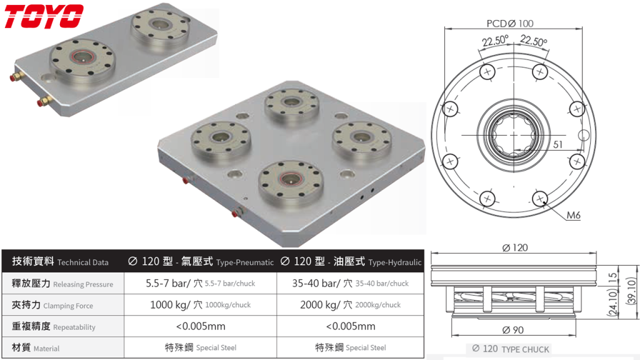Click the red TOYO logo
coord(44,17)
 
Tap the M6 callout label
coord(573,216)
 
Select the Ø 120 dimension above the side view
coord(514,247)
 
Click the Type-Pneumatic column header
coord(200,262)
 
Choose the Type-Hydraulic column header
coord(351,262)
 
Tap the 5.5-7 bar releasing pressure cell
coord(200,283)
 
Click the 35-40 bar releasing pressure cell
coord(351,283)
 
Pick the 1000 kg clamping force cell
coord(200,305)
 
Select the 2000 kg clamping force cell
coord(351,305)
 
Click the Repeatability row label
coord(54,326)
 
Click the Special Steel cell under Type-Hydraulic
coord(351,347)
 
